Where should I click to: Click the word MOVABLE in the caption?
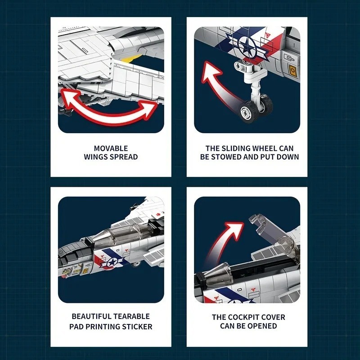point(111,148)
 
